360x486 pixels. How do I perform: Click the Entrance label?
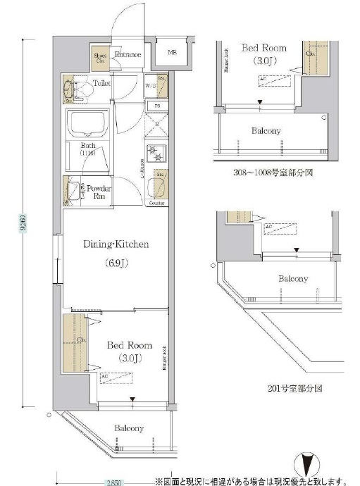(x=128, y=55)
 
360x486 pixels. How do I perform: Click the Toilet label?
(x=102, y=82)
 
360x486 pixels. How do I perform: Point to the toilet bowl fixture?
(x=70, y=89)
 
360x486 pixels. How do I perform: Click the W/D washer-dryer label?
(x=150, y=87)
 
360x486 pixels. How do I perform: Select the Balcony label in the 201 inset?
(x=292, y=279)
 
